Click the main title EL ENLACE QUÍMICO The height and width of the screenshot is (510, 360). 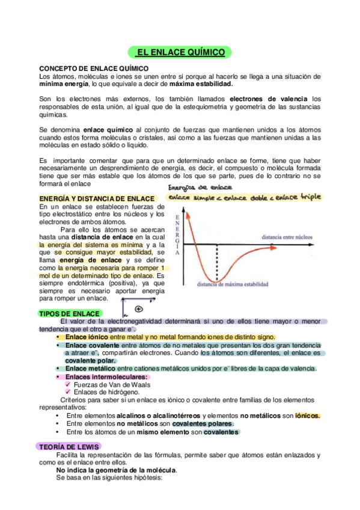(x=180, y=53)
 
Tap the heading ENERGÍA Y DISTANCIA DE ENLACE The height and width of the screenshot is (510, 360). (x=97, y=198)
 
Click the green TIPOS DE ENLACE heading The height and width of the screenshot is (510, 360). (x=69, y=313)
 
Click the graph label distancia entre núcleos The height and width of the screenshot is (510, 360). (x=285, y=238)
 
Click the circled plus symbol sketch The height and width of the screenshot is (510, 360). (x=138, y=309)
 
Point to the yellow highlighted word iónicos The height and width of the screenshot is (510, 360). (x=308, y=415)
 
